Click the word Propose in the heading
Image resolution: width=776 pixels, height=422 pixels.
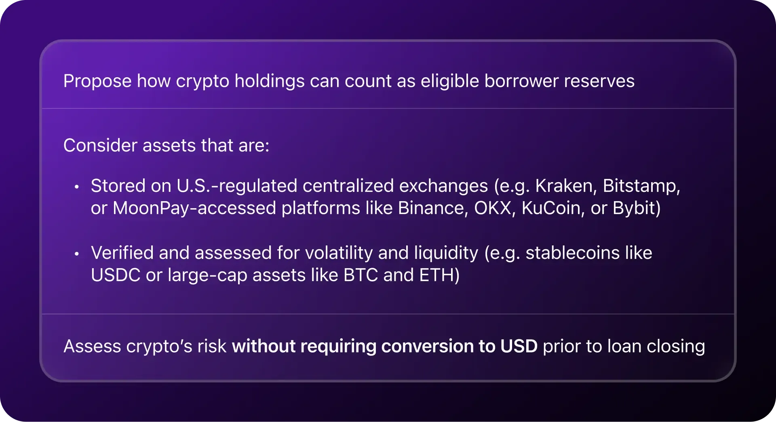[97, 82]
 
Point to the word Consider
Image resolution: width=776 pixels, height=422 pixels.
[100, 145]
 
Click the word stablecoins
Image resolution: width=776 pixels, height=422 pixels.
[573, 253]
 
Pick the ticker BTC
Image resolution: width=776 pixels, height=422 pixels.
[361, 275]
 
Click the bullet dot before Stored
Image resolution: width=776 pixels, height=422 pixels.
[76, 187]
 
